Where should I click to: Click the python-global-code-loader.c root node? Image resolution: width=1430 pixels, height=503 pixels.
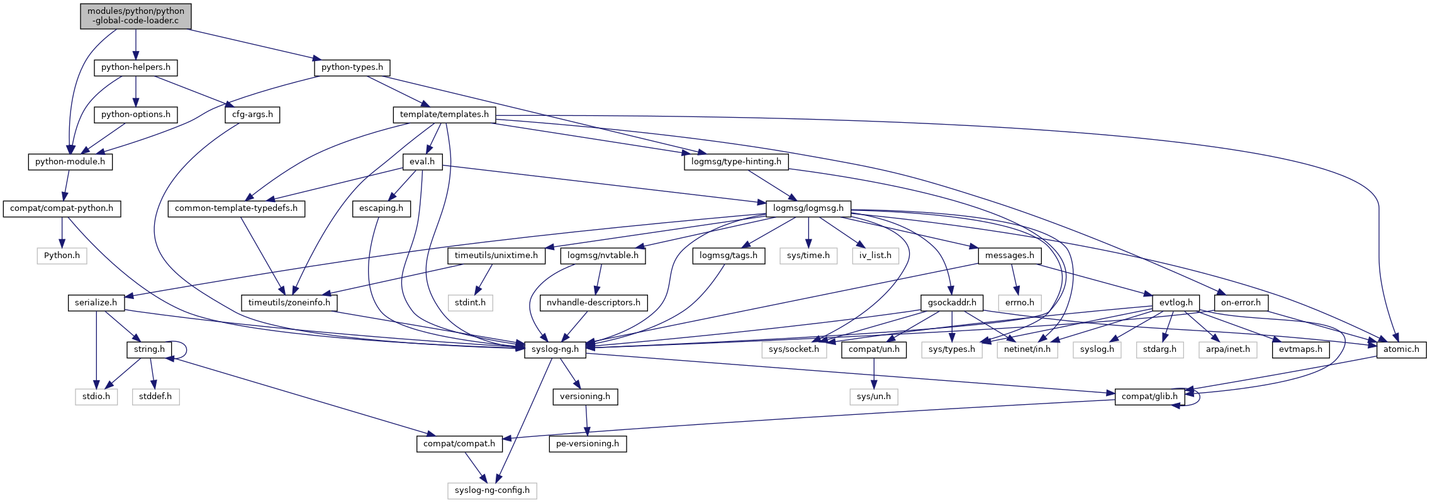click(x=135, y=16)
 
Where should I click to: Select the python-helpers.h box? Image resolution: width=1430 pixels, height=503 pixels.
click(x=135, y=67)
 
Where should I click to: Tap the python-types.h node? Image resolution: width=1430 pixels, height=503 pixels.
click(x=352, y=67)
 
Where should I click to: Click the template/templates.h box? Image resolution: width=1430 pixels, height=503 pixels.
click(x=444, y=115)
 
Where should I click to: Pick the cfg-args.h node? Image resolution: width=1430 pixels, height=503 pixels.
click(x=252, y=115)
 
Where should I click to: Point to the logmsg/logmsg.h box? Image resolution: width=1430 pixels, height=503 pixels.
click(x=808, y=208)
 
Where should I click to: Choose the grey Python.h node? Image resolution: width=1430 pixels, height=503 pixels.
click(x=62, y=256)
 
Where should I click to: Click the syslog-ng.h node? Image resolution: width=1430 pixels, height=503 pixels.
click(x=555, y=349)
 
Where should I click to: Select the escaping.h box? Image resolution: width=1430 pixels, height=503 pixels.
click(x=381, y=208)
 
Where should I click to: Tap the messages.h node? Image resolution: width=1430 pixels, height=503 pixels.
click(x=1009, y=256)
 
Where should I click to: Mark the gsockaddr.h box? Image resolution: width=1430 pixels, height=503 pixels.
click(x=952, y=303)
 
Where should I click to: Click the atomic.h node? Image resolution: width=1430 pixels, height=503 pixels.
click(x=1401, y=349)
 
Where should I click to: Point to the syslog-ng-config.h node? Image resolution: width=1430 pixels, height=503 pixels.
click(x=492, y=490)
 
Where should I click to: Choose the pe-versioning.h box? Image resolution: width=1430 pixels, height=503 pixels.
click(x=588, y=444)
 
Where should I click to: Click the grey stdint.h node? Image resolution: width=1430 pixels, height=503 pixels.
click(x=470, y=303)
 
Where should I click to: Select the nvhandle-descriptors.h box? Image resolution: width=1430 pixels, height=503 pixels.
click(x=593, y=303)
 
